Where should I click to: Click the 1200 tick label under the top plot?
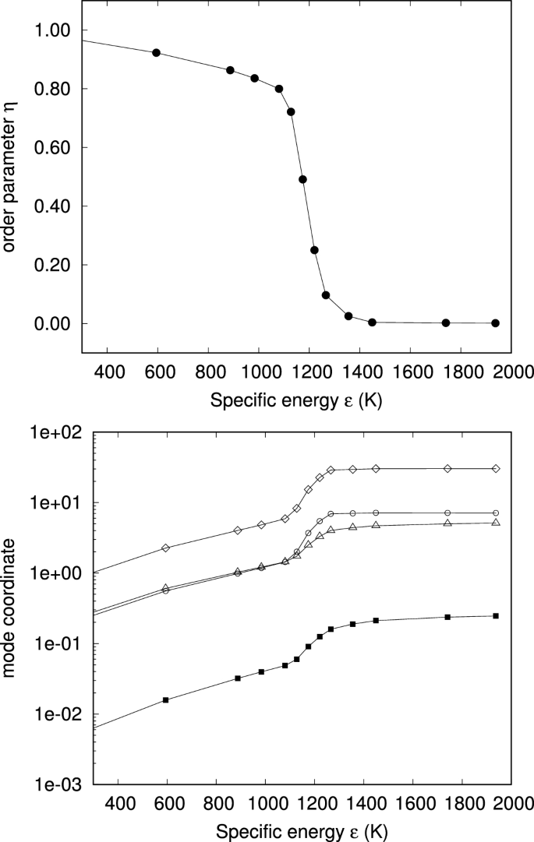click(309, 373)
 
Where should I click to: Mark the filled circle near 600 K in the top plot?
click(156, 53)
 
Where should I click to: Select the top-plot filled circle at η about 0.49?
click(302, 179)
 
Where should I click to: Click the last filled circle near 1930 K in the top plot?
click(495, 323)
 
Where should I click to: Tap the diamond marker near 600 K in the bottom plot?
click(165, 548)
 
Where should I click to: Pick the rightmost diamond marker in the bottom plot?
click(496, 469)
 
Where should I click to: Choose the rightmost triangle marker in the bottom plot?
click(496, 523)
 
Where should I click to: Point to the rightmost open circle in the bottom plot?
click(496, 513)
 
